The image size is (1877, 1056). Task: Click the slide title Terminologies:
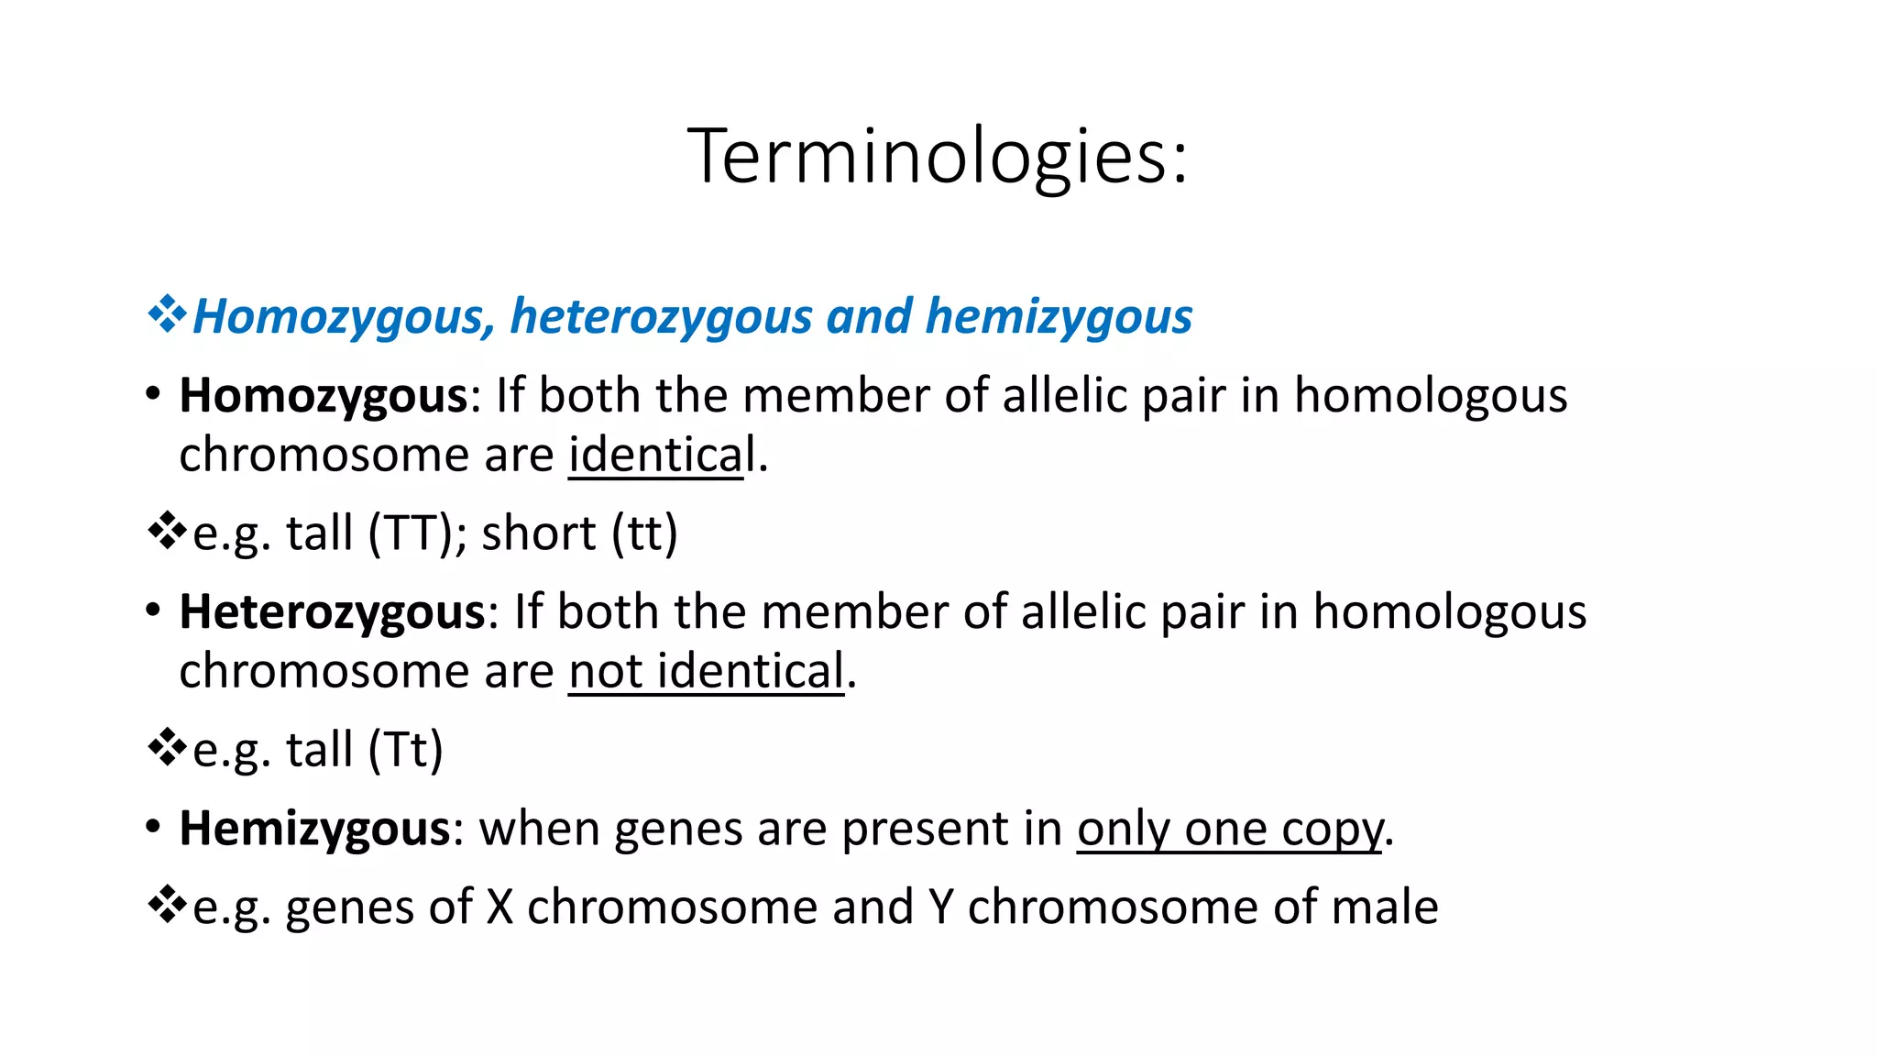(x=938, y=157)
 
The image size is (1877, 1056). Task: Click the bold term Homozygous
(x=324, y=396)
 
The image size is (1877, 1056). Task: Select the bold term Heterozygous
(x=332, y=612)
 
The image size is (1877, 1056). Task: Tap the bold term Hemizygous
(x=314, y=829)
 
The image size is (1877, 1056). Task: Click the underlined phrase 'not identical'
(x=706, y=671)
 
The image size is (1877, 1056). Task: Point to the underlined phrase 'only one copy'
(x=1229, y=829)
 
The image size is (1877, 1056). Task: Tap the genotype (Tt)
(x=405, y=750)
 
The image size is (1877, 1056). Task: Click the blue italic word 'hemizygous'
(x=1059, y=317)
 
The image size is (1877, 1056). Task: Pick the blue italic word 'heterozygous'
(x=661, y=317)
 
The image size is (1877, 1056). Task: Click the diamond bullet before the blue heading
(x=166, y=314)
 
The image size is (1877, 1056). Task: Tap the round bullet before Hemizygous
(x=153, y=826)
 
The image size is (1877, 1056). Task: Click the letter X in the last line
(x=499, y=907)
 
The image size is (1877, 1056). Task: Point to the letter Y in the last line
(x=940, y=907)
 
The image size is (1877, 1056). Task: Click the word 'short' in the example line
(x=539, y=533)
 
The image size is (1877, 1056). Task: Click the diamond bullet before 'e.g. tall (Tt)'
(x=166, y=747)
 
